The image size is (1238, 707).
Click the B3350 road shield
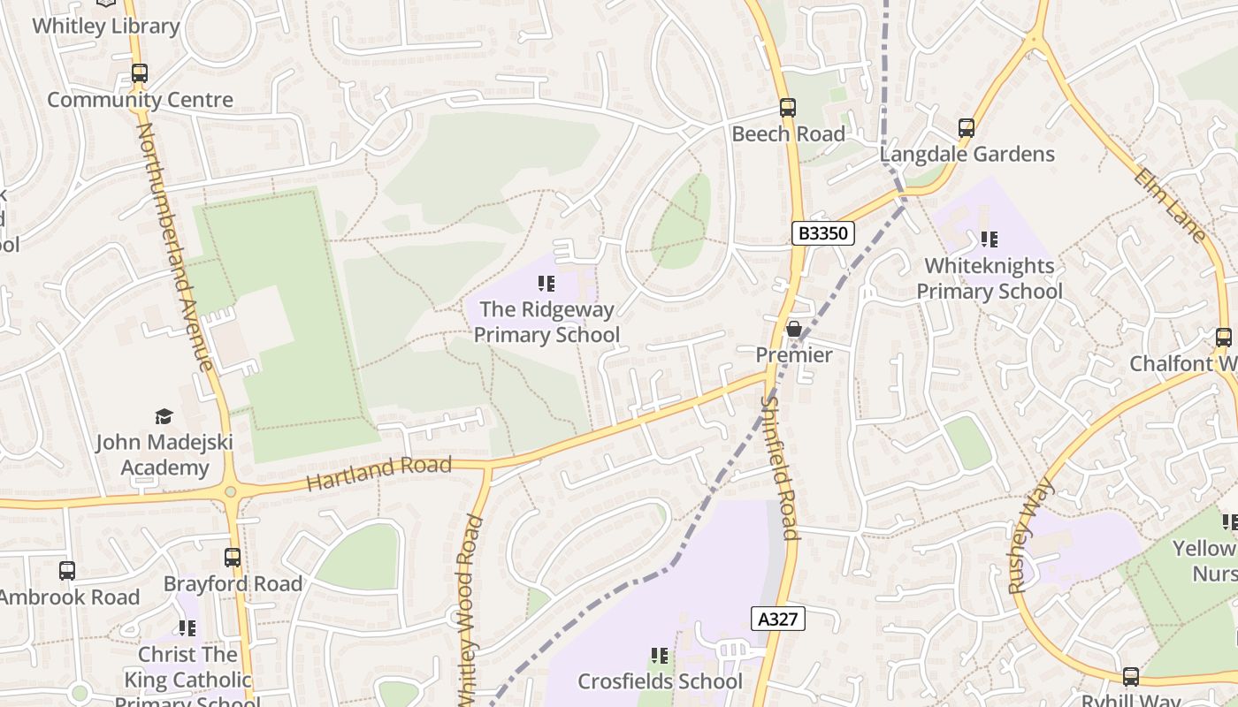(823, 233)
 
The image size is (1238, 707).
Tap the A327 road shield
(779, 619)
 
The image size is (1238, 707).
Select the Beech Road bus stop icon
(787, 108)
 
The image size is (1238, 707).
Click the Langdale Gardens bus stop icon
(967, 128)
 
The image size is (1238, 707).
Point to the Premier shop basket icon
(794, 329)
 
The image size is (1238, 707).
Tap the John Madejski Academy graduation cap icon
(164, 416)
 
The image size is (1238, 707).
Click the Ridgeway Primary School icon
(546, 284)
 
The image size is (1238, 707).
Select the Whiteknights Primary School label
(989, 278)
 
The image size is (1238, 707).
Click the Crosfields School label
(660, 681)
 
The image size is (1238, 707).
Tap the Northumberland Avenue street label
(173, 247)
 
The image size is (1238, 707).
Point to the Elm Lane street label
(1170, 205)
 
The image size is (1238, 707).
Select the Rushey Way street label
(1032, 535)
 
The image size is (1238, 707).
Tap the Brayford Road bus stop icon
(233, 558)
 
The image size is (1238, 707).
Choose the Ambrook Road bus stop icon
(67, 571)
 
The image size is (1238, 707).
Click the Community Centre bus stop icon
(140, 73)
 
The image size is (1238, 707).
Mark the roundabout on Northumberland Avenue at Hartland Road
(231, 491)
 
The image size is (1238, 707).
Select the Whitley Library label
(105, 26)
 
